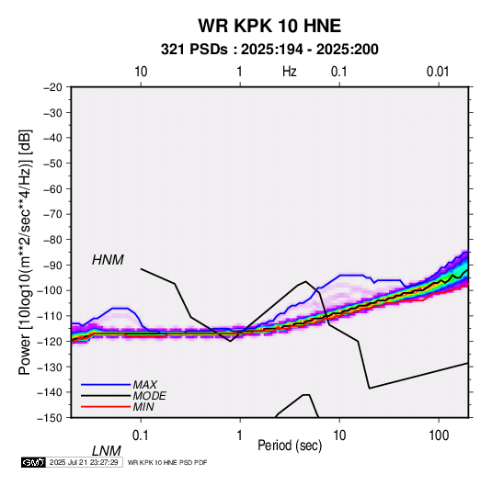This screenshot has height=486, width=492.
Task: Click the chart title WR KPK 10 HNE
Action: pos(269,26)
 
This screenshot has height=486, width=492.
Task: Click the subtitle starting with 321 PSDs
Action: pos(269,50)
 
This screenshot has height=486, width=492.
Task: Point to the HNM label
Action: pos(108,260)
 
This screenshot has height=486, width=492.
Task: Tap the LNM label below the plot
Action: pos(107,451)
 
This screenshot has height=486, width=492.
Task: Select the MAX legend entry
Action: pos(145,385)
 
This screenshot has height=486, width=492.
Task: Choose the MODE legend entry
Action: pos(149,396)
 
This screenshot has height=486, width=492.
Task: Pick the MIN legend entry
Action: pos(143,407)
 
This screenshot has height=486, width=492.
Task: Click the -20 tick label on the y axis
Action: pos(52,87)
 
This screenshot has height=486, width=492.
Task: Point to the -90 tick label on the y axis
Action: pos(52,265)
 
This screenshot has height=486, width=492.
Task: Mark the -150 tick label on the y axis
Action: pos(50,418)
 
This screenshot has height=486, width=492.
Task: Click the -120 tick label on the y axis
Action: pos(50,341)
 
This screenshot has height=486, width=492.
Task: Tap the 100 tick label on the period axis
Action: pos(439,435)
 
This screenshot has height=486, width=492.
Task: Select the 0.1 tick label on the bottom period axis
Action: pos(140,435)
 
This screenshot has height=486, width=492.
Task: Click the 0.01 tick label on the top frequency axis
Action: pos(438,72)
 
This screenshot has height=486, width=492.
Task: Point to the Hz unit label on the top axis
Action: pos(290,72)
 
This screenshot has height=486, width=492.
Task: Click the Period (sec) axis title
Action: pos(290,446)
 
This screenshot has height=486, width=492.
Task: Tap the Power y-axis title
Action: pos(25,253)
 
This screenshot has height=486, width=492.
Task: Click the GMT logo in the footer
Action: pos(33,462)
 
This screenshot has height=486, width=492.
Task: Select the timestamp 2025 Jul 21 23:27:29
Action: pos(84,462)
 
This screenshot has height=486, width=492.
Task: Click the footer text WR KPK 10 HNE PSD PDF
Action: pos(167,462)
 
